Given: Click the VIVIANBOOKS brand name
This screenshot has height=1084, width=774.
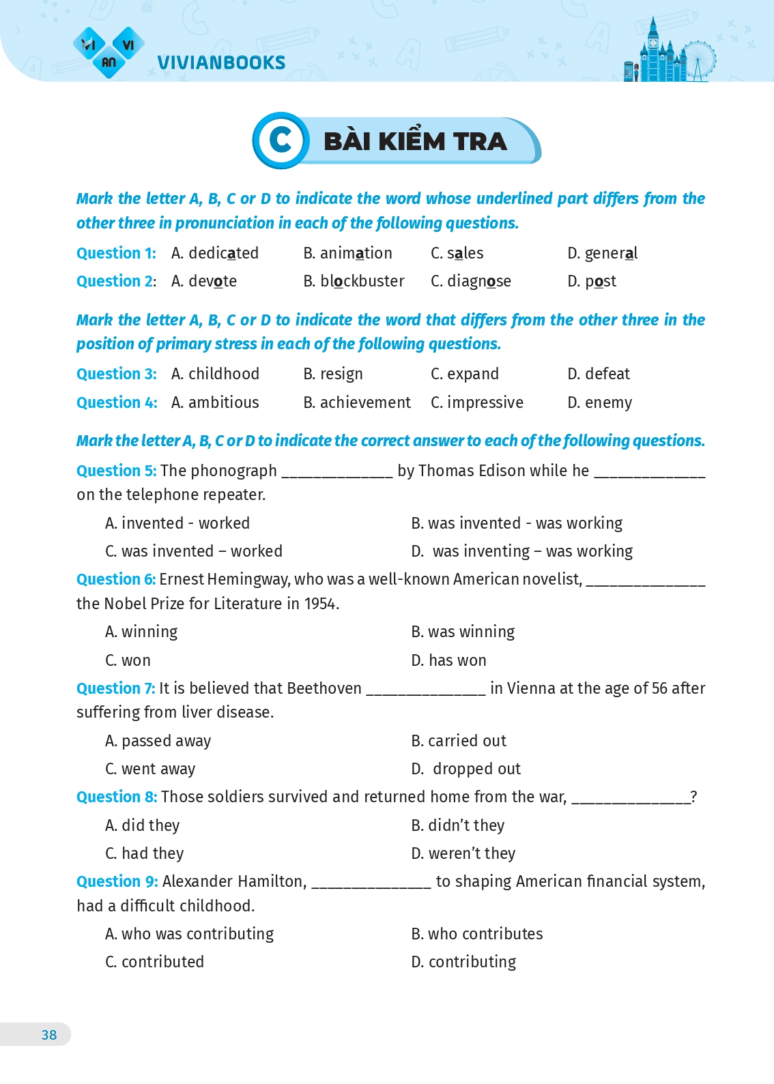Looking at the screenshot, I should pos(221,63).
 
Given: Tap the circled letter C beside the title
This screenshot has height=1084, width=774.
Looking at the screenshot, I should pos(281,141).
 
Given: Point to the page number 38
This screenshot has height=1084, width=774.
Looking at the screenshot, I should pos(49,1035).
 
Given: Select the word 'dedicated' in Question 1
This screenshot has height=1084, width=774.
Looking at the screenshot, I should pos(223,253).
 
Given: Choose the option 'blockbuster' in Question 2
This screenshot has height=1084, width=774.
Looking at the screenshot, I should pos(362,281).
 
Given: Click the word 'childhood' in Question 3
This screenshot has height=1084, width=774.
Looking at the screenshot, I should pos(224,374).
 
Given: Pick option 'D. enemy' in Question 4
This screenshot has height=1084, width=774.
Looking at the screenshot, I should pos(599,402).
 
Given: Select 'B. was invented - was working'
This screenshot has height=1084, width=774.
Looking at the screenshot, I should pos(517,523).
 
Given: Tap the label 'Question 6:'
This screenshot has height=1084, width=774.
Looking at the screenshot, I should pos(116,579).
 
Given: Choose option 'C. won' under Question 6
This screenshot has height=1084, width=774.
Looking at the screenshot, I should pos(128,660).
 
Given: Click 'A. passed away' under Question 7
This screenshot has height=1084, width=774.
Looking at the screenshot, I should pos(158,741).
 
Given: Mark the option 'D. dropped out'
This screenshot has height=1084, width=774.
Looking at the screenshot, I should pos(466,769).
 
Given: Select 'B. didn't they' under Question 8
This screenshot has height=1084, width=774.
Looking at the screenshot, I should pos(458,825).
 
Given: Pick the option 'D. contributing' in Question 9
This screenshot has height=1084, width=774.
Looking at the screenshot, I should pos(463,962).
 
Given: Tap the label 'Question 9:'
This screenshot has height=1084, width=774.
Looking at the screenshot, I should pos(117,881).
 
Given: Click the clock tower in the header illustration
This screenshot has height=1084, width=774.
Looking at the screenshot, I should pos(653,48).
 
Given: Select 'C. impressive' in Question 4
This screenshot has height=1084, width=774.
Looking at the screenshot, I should pos(477,402).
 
